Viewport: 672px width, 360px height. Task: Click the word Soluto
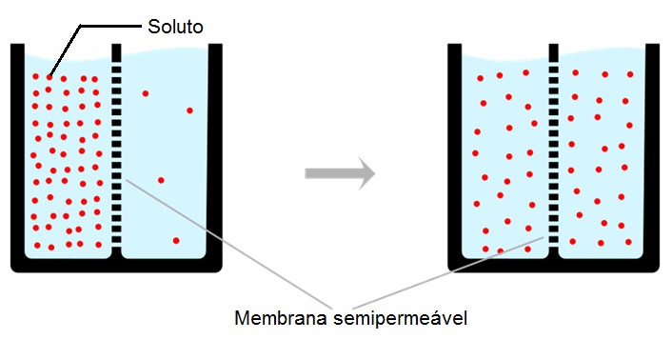coord(175,24)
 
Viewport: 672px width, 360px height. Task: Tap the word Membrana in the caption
coord(276,317)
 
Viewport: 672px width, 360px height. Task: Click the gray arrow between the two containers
coord(339,173)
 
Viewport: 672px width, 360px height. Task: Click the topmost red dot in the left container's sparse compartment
coord(146,93)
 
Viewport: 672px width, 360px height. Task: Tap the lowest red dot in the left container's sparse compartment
coord(175,241)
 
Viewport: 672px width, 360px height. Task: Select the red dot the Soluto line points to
coord(49,77)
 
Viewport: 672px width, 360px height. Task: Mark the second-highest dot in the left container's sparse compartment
coord(189,110)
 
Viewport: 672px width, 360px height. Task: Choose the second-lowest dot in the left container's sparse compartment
coord(161,180)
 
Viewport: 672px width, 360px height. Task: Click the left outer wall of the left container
coord(16,152)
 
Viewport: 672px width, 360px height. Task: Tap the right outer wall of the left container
coord(216,152)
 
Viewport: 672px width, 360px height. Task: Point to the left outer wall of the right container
coord(454,152)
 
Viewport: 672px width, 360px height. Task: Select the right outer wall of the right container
coord(654,152)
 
